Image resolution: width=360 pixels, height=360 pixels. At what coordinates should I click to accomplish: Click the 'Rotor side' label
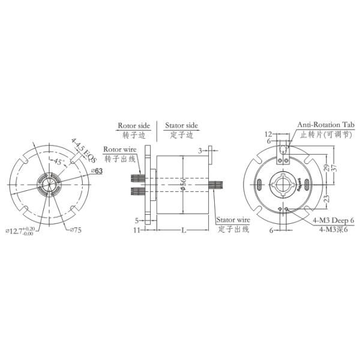point(134,125)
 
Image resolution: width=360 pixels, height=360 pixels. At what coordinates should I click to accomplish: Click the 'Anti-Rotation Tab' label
point(326,125)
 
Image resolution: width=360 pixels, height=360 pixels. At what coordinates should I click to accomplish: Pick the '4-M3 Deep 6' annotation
point(333,221)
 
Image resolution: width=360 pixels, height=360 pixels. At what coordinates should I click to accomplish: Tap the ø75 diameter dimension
point(76,229)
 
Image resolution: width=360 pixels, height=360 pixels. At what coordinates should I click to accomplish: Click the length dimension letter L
point(182,230)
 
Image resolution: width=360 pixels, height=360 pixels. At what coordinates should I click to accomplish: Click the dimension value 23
point(326,199)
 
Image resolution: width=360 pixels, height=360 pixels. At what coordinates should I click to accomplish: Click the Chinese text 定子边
point(180,135)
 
